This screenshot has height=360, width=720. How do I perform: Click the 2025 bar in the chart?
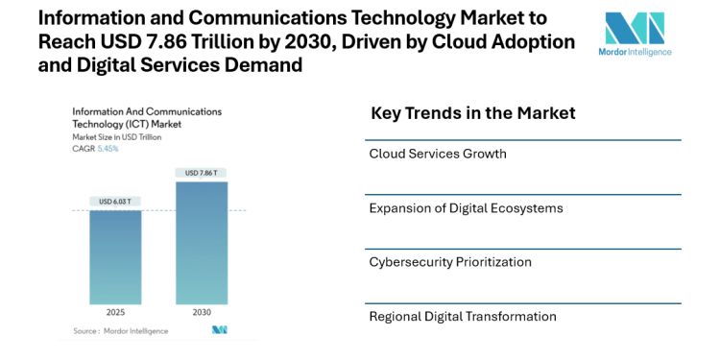[x=115, y=257]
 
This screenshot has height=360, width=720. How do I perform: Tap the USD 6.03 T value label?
[x=115, y=201]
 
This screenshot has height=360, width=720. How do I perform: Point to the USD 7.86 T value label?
[x=202, y=173]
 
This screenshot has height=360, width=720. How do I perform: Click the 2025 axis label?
[x=115, y=313]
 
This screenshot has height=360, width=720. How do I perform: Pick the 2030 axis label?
[x=202, y=313]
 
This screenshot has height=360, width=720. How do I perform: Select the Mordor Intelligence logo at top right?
[x=635, y=36]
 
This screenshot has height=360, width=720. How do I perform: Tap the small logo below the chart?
[x=220, y=330]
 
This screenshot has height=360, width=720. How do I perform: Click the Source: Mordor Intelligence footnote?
[x=120, y=330]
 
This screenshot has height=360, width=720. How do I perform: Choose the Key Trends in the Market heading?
[x=472, y=113]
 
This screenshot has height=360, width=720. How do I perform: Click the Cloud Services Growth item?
[x=437, y=154]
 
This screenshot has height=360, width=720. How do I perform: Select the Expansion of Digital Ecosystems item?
[x=466, y=207]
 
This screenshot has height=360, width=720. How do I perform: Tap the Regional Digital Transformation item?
[x=462, y=316]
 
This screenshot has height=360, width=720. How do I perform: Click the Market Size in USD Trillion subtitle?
[x=117, y=137]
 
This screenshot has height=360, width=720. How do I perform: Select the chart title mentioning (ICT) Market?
[x=127, y=124]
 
